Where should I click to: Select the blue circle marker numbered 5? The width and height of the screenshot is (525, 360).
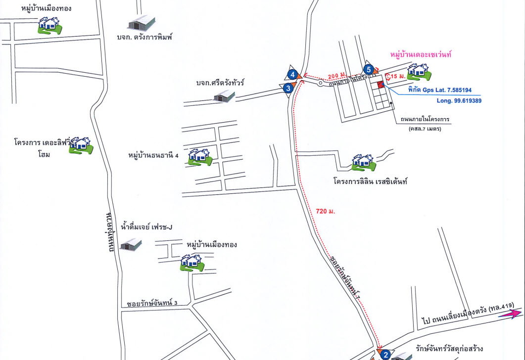tap(368, 69)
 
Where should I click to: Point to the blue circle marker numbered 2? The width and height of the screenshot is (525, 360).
tap(385, 354)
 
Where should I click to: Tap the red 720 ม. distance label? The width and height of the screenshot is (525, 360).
tap(326, 211)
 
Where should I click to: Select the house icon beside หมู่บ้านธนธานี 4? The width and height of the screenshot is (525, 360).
tap(200, 157)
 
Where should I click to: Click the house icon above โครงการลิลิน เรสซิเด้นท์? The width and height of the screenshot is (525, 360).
tap(363, 162)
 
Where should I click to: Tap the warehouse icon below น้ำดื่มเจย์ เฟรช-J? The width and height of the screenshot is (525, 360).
tap(131, 244)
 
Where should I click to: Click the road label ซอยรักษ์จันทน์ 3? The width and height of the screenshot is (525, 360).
tap(152, 303)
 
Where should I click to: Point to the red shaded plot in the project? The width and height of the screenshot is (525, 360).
tap(381, 85)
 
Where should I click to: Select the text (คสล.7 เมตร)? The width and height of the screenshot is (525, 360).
tap(425, 129)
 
